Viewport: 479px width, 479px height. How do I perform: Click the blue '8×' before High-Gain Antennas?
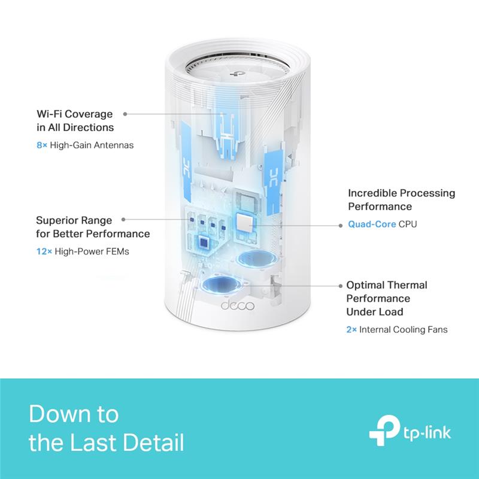[x=41, y=144]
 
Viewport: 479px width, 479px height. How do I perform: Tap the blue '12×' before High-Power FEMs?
[x=44, y=251]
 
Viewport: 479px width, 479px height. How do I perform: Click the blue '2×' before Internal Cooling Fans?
[x=353, y=329]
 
